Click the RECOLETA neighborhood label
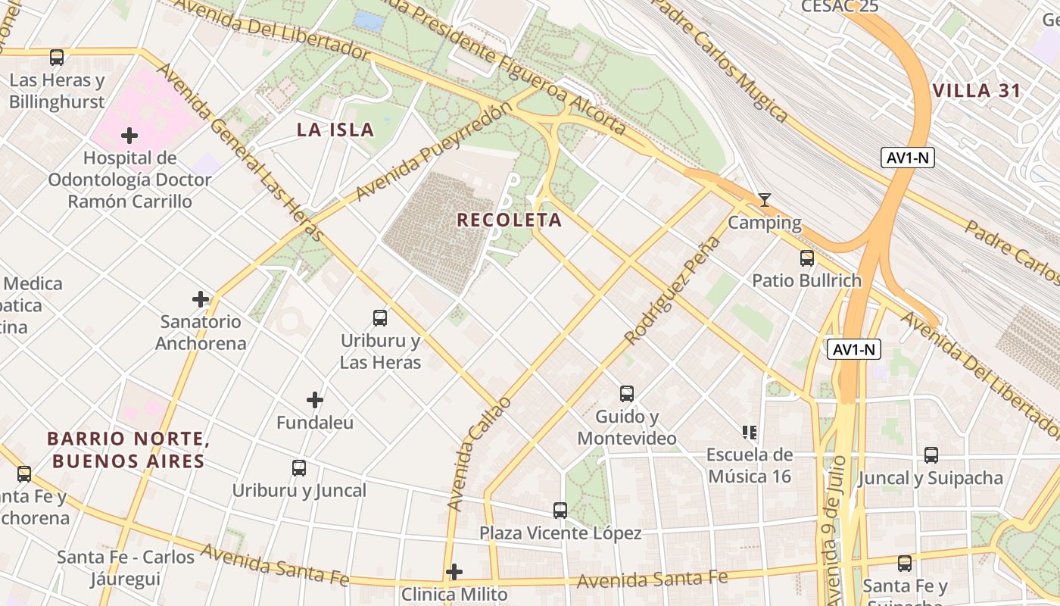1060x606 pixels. [x=509, y=220]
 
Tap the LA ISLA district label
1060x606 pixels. [x=335, y=130]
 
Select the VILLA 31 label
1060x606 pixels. [x=977, y=91]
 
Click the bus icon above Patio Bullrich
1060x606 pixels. [x=807, y=258]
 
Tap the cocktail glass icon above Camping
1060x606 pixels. [x=765, y=200]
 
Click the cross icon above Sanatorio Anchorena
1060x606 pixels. [x=201, y=299]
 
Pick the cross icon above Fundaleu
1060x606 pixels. [x=315, y=400]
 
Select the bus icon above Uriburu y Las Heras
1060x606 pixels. [x=380, y=318]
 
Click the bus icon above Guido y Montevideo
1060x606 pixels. [x=627, y=394]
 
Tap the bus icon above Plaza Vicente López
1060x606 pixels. [x=560, y=511]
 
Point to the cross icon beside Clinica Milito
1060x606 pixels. [x=454, y=572]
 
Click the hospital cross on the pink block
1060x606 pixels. [x=129, y=136]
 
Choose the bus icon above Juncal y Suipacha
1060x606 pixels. [x=931, y=455]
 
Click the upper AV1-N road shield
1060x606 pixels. [x=908, y=158]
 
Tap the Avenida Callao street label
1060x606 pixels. [x=479, y=453]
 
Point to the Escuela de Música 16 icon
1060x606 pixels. [x=750, y=433]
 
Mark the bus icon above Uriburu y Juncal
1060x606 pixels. [x=299, y=468]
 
